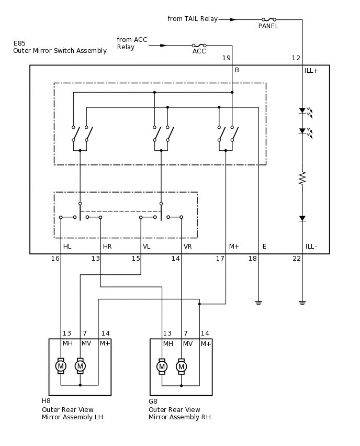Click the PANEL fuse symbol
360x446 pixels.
268,19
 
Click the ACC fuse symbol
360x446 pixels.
199,46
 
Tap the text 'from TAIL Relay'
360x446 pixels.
193,19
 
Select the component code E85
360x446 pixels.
19,43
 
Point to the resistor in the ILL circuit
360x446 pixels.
302,178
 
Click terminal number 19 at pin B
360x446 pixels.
226,58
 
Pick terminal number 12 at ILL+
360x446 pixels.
296,58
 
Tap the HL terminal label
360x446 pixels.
67,247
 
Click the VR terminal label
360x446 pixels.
188,247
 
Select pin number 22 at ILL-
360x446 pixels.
297,259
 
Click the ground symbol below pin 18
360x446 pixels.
258,303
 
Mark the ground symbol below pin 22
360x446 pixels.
302,303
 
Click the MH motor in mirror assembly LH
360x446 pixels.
61,366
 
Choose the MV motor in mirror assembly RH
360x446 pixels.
181,366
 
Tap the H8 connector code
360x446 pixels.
46,401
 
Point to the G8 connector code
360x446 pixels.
153,402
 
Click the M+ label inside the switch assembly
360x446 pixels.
234,247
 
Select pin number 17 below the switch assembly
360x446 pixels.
220,259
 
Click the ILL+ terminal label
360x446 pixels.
311,71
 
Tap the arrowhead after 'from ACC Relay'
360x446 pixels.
163,46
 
